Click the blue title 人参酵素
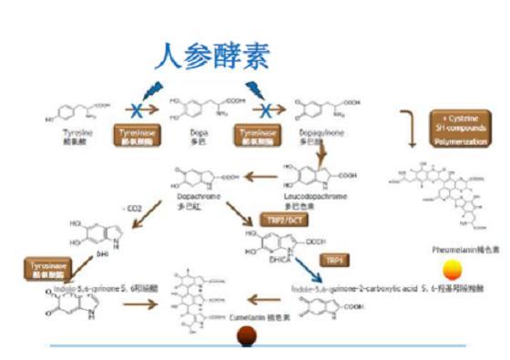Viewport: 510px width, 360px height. pyautogui.click(x=211, y=57)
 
